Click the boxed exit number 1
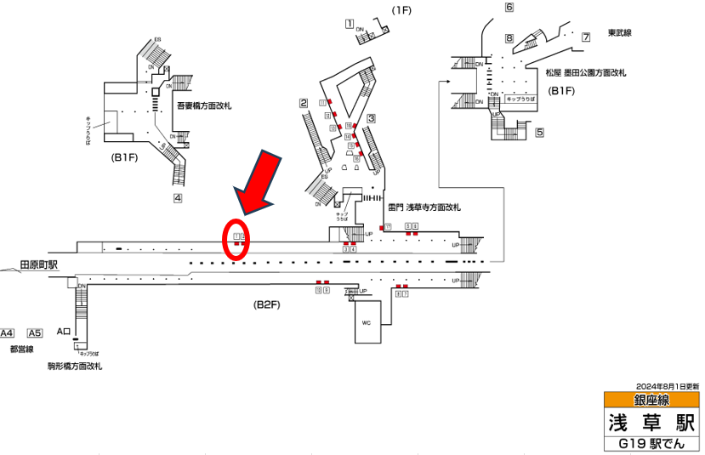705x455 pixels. click(350, 24)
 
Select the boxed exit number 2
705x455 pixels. click(302, 104)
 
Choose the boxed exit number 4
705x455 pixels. click(178, 199)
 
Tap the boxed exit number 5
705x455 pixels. click(539, 133)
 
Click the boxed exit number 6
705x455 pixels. click(509, 8)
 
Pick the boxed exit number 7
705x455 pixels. click(586, 37)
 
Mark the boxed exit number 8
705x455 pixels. click(509, 38)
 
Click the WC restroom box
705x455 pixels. click(368, 323)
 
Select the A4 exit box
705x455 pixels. click(9, 333)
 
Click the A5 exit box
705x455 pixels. click(35, 333)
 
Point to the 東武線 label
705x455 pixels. click(620, 33)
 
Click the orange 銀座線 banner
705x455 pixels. click(651, 400)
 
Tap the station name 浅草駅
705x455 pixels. click(651, 422)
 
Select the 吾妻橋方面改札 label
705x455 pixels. click(204, 106)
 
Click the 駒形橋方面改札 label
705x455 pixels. click(75, 366)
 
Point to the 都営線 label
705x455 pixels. click(20, 349)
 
